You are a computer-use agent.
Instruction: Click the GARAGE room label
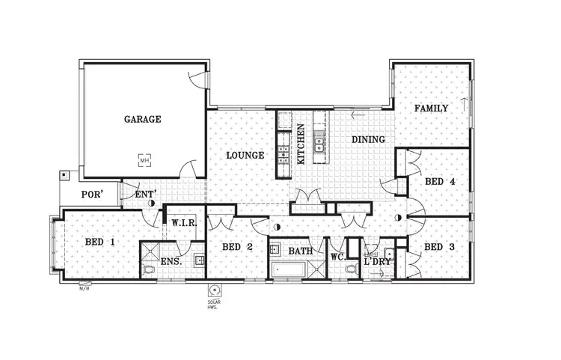tap(142, 119)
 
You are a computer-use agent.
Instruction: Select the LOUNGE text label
tap(245, 156)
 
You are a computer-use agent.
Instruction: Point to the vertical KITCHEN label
tap(301, 144)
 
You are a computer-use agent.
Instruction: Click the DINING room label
tap(368, 140)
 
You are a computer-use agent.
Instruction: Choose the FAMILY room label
tap(432, 109)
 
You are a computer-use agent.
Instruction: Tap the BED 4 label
tap(440, 182)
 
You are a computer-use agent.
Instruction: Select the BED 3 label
tap(439, 247)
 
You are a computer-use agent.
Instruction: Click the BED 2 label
tap(236, 247)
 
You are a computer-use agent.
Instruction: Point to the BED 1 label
tap(99, 242)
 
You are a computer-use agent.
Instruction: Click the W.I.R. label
tap(184, 223)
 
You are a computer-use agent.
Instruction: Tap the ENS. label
tap(171, 263)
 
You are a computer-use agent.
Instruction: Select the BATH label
tap(301, 251)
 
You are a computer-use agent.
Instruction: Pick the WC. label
tap(338, 257)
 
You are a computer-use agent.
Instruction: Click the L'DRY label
tap(376, 263)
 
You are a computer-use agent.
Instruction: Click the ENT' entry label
tap(144, 195)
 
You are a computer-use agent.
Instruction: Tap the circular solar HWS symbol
tap(215, 290)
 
